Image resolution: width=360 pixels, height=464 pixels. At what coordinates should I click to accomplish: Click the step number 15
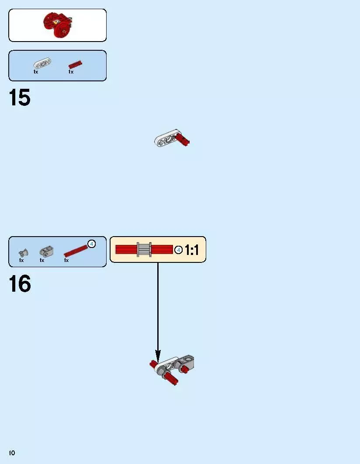pos(20,98)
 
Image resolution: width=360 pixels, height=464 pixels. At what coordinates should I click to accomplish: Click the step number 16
pos(20,283)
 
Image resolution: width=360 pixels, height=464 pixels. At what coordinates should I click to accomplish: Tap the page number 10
pos(12,453)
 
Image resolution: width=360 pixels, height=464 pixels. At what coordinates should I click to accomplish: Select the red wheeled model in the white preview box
pos(58,25)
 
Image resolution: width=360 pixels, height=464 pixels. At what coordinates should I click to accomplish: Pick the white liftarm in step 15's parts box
pos(42,63)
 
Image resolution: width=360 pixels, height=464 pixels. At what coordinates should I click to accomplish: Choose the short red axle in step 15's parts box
pos(76,64)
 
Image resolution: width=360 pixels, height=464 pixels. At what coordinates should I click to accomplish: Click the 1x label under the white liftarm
pos(36,72)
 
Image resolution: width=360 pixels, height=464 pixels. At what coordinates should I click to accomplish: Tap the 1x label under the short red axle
pos(71,72)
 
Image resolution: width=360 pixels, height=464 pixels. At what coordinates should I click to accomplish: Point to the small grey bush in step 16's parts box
pos(23,253)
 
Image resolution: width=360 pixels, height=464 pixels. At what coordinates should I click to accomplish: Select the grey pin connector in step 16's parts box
pos(46,251)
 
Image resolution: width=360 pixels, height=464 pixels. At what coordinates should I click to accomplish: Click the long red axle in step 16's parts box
pos(76,251)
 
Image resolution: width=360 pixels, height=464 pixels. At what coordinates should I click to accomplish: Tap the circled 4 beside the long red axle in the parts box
pos(92,244)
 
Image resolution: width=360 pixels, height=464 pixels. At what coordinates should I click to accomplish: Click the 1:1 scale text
pos(192,250)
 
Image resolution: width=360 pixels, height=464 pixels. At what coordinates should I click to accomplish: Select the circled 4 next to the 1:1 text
pos(179,250)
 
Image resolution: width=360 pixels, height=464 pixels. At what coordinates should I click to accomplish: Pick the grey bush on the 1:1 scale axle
pos(144,249)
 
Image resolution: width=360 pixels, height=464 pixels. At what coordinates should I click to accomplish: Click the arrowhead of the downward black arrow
pos(158,356)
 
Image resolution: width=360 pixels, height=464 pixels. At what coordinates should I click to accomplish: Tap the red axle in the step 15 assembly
pos(182,140)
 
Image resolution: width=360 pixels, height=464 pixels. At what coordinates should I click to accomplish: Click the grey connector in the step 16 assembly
pos(184,363)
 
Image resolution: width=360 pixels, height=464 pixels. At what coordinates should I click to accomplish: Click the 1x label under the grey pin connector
pos(42,260)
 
